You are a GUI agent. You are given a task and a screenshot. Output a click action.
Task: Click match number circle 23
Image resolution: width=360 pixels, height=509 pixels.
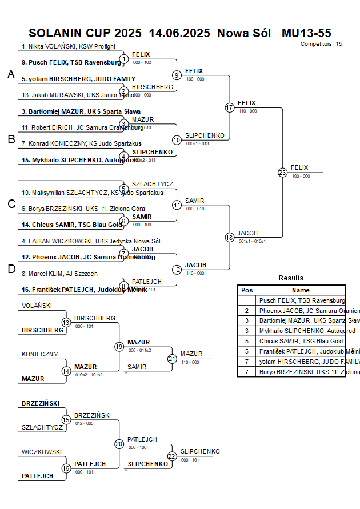[282, 172]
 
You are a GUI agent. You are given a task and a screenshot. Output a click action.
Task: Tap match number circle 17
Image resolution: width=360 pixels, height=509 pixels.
[230, 107]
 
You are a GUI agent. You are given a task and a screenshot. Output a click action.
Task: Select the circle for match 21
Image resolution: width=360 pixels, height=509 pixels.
[172, 359]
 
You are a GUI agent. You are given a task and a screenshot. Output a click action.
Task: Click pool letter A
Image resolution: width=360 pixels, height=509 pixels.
[11, 75]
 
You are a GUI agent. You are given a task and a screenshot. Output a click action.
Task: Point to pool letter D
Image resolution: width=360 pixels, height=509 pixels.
[11, 270]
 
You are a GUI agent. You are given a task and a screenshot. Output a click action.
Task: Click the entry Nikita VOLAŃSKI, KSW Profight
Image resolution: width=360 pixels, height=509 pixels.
[69, 46]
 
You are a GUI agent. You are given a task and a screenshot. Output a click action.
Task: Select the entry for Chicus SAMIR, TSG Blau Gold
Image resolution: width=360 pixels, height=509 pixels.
[71, 225]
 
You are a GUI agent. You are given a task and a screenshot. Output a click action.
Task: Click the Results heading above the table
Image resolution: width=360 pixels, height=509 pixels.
[291, 278]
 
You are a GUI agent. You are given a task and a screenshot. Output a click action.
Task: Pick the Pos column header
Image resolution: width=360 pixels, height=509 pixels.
[247, 290]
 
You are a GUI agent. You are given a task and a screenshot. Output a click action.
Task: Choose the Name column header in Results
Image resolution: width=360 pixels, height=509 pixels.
[301, 290]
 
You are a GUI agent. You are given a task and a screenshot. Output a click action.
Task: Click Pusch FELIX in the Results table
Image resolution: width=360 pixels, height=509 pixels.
[302, 300]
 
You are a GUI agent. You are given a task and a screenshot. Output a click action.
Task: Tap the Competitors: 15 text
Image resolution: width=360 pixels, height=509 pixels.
[321, 44]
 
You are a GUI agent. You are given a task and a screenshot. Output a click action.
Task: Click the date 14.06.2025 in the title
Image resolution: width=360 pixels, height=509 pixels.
[179, 33]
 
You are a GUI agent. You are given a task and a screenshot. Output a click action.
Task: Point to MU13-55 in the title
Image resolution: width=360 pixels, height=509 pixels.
[306, 33]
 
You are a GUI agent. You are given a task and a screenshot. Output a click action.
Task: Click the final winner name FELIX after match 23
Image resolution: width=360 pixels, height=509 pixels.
[299, 167]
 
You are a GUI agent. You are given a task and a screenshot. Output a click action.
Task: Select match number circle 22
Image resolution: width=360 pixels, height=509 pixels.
[172, 456]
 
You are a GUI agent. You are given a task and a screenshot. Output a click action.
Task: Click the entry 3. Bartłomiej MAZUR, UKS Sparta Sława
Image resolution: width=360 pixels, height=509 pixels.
[81, 111]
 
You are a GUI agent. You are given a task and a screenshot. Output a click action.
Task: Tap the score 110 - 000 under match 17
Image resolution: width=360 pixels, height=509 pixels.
[248, 111]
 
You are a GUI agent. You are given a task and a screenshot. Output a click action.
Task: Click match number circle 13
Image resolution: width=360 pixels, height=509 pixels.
[66, 323]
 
